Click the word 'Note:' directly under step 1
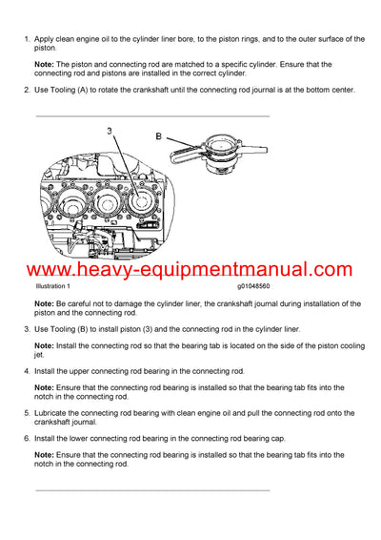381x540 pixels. pos(46,64)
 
